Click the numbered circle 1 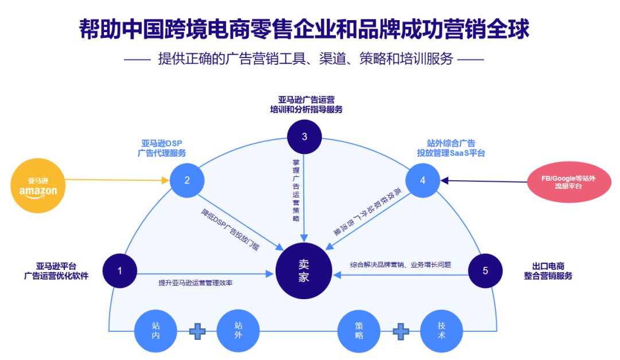(x=119, y=270)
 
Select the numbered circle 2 (x=187, y=180)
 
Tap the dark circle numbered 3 (x=304, y=137)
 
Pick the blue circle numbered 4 (x=423, y=180)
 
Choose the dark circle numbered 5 (x=485, y=270)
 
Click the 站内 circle (x=156, y=331)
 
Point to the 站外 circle (x=238, y=331)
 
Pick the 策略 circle (x=359, y=331)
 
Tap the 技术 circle (x=441, y=331)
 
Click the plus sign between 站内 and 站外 (x=197, y=331)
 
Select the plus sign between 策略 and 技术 (x=401, y=331)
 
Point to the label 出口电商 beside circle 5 (x=548, y=266)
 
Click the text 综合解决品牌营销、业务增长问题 (x=401, y=265)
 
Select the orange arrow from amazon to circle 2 (x=115, y=180)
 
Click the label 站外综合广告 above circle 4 (x=451, y=143)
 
